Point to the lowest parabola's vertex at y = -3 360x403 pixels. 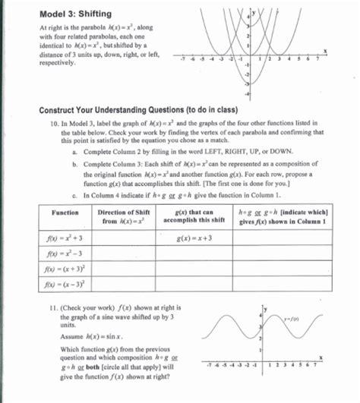point(251,83)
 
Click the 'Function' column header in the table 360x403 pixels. point(64,213)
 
